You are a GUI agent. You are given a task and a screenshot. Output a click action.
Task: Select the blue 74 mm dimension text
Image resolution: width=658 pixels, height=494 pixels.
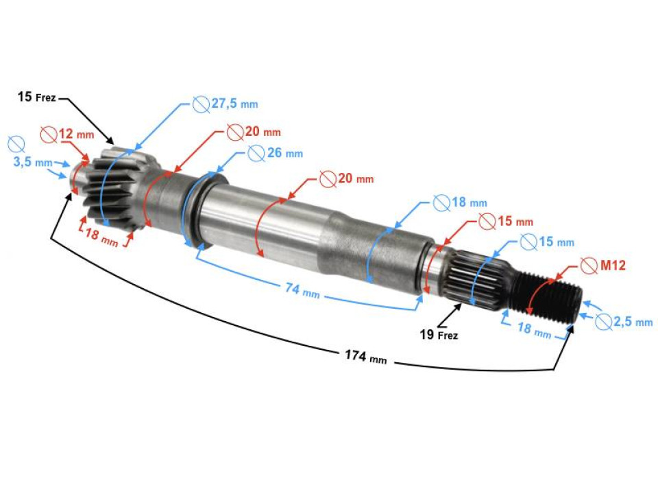[x=302, y=290]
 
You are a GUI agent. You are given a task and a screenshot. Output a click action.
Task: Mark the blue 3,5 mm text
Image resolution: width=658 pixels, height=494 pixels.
[x=33, y=163]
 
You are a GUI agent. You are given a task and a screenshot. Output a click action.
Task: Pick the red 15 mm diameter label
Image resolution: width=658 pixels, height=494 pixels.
[x=506, y=222]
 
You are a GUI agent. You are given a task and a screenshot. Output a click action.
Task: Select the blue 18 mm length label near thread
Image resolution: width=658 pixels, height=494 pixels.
[x=534, y=329]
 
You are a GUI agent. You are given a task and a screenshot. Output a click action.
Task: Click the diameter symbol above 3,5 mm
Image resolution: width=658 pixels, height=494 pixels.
[x=16, y=144]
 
